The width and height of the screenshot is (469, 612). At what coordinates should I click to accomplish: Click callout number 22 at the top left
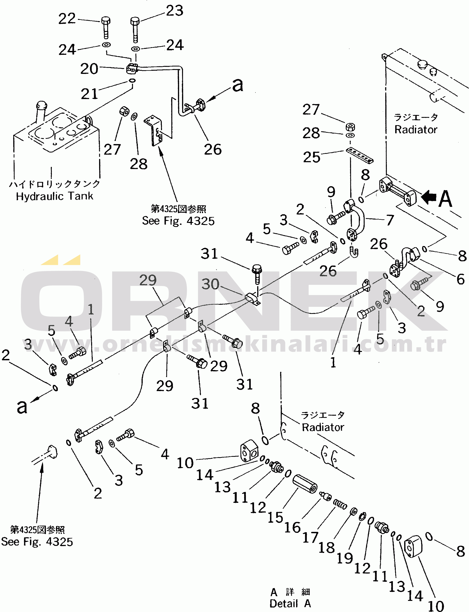click(67, 19)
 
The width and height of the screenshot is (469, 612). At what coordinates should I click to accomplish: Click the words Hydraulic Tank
click(55, 196)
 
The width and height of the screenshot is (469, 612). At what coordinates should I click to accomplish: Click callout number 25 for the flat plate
click(311, 157)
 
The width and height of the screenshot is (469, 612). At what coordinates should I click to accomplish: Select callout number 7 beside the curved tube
click(390, 220)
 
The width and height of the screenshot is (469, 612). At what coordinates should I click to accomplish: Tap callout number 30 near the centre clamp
click(210, 284)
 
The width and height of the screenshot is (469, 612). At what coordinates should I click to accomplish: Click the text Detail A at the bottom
click(290, 604)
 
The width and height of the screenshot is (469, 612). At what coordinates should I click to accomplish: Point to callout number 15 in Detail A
click(275, 517)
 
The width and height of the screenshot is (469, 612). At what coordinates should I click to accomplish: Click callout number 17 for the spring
click(311, 537)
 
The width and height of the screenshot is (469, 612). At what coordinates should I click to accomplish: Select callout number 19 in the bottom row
click(345, 558)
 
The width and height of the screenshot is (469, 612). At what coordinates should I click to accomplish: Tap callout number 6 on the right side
click(461, 279)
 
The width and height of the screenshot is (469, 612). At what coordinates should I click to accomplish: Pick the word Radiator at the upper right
click(416, 130)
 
